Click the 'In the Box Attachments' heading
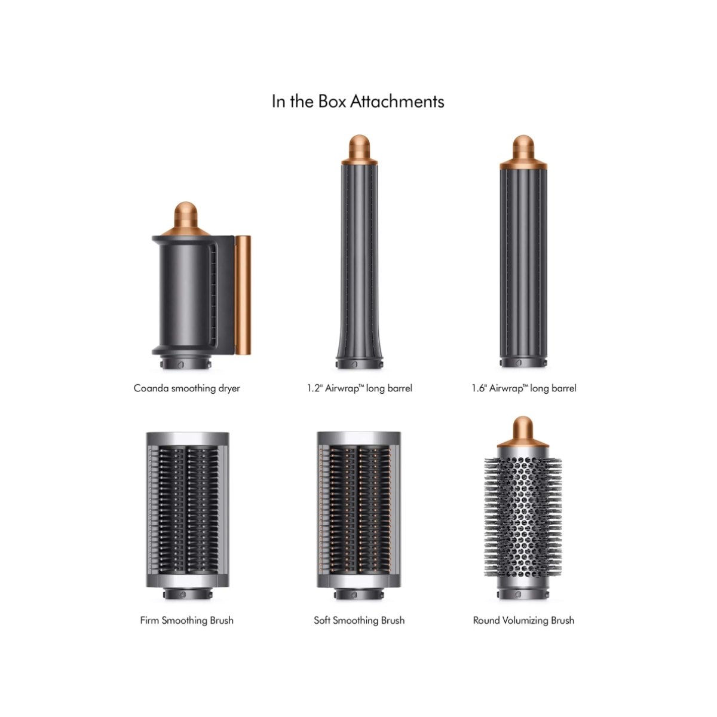point(358,102)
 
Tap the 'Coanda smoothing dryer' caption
point(187,388)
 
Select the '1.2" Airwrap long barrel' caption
point(360,388)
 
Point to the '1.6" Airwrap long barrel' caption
point(524,388)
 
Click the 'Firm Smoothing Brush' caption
point(187,620)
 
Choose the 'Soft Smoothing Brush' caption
point(359,620)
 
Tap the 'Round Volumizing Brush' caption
point(523,620)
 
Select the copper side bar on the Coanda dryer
point(243,295)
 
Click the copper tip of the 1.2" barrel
point(360,149)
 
